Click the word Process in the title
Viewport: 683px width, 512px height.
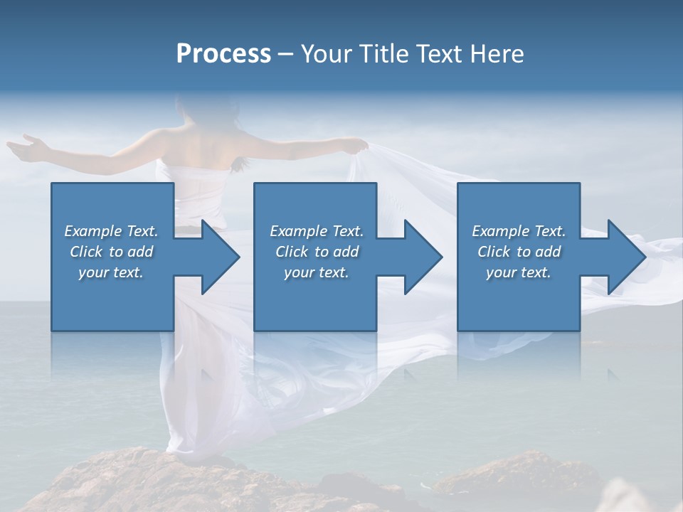point(223,54)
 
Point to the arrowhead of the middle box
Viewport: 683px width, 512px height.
point(422,257)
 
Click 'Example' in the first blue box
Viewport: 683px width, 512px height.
point(92,231)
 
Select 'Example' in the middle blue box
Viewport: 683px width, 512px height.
point(298,231)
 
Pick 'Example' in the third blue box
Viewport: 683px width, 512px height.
point(500,231)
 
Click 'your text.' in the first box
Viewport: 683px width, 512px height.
point(111,272)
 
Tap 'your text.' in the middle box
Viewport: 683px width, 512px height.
point(316,272)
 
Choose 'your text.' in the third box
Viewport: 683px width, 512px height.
point(519,272)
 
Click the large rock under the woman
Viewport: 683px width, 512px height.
point(178,484)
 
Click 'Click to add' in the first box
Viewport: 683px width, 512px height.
point(111,252)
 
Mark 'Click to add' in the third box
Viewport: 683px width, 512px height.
point(519,252)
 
